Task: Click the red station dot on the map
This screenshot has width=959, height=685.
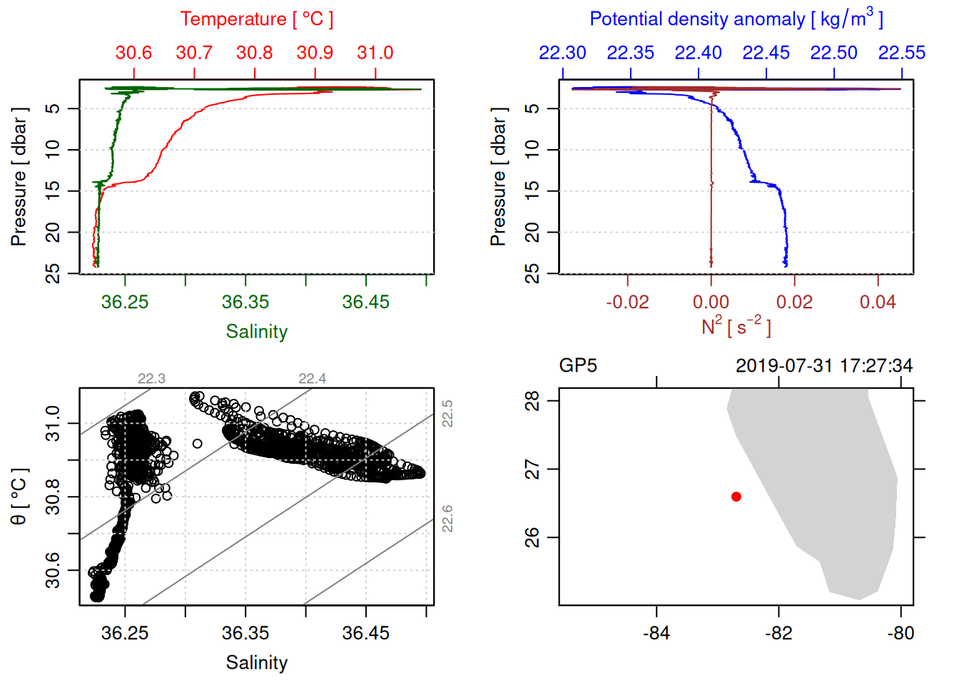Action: [x=736, y=497]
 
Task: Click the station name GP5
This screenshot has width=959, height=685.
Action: [x=578, y=366]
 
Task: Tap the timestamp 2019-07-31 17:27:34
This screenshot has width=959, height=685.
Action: [x=824, y=366]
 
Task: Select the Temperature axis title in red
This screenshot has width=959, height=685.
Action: [x=257, y=19]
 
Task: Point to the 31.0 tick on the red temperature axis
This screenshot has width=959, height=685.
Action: [x=375, y=53]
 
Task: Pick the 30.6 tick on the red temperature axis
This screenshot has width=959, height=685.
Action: [x=134, y=53]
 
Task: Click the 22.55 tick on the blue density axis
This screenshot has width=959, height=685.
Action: [x=902, y=53]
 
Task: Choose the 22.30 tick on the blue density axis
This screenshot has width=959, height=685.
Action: [x=563, y=53]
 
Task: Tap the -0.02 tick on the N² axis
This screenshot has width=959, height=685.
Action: [x=628, y=302]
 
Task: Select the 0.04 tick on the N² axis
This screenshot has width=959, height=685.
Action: [x=878, y=302]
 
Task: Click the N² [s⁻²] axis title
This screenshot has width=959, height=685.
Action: [x=736, y=327]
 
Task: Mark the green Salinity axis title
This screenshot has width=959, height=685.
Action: [x=257, y=332]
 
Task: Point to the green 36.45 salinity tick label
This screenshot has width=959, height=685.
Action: [x=366, y=302]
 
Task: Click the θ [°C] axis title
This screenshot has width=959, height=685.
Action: [x=19, y=497]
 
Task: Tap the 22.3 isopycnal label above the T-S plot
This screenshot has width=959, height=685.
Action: [x=151, y=379]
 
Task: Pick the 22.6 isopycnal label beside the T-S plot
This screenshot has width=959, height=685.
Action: [x=447, y=519]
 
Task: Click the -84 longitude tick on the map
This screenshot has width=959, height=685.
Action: [x=656, y=633]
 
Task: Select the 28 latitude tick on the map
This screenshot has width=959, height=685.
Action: [x=532, y=401]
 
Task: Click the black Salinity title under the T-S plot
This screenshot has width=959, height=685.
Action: [x=257, y=663]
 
